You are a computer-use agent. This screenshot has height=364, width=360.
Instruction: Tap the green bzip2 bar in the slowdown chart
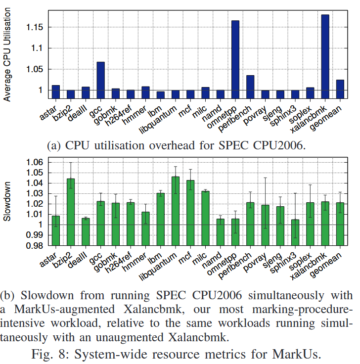[x=71, y=202]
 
